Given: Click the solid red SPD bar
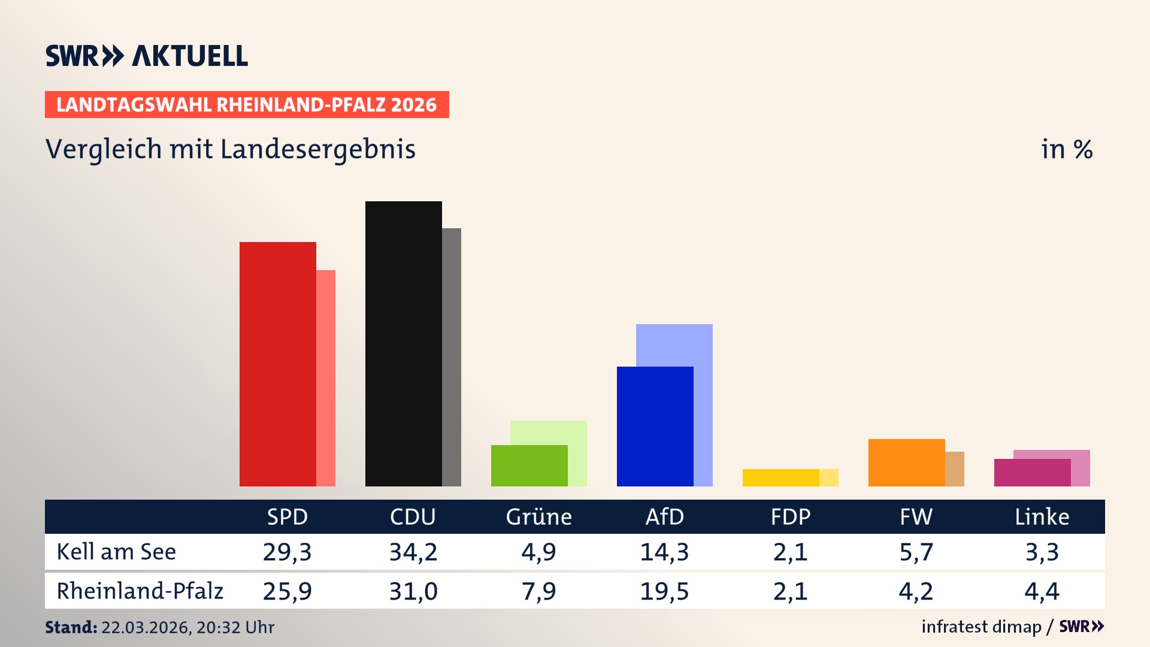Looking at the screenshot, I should point(278,364).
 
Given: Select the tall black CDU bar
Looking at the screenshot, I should point(403,343).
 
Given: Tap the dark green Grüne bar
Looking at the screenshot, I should point(529,465).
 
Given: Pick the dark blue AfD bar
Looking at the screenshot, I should point(655,426).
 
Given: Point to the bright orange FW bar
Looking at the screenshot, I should point(906,462).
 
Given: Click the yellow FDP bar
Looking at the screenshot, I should point(780,477).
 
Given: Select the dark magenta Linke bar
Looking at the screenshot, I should point(1032,473).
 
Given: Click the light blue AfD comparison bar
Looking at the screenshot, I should point(674,344).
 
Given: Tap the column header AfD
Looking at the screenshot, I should point(664,516).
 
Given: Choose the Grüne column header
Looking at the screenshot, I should point(538,516).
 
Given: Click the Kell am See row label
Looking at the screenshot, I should point(116,552).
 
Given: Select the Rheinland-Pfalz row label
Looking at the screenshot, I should point(140,591).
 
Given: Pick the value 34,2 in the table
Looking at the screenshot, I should point(413,552).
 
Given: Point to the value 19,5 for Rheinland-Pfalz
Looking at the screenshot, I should point(664,591).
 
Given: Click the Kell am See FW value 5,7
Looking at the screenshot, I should point(916,552).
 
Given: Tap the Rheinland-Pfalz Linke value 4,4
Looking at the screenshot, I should point(1042,591).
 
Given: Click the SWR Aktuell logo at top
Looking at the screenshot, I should point(147,56).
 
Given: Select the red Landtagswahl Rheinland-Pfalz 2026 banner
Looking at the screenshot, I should point(247,105).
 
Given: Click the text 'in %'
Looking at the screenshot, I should point(1066,149).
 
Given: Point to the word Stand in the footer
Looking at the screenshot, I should point(71,627).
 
